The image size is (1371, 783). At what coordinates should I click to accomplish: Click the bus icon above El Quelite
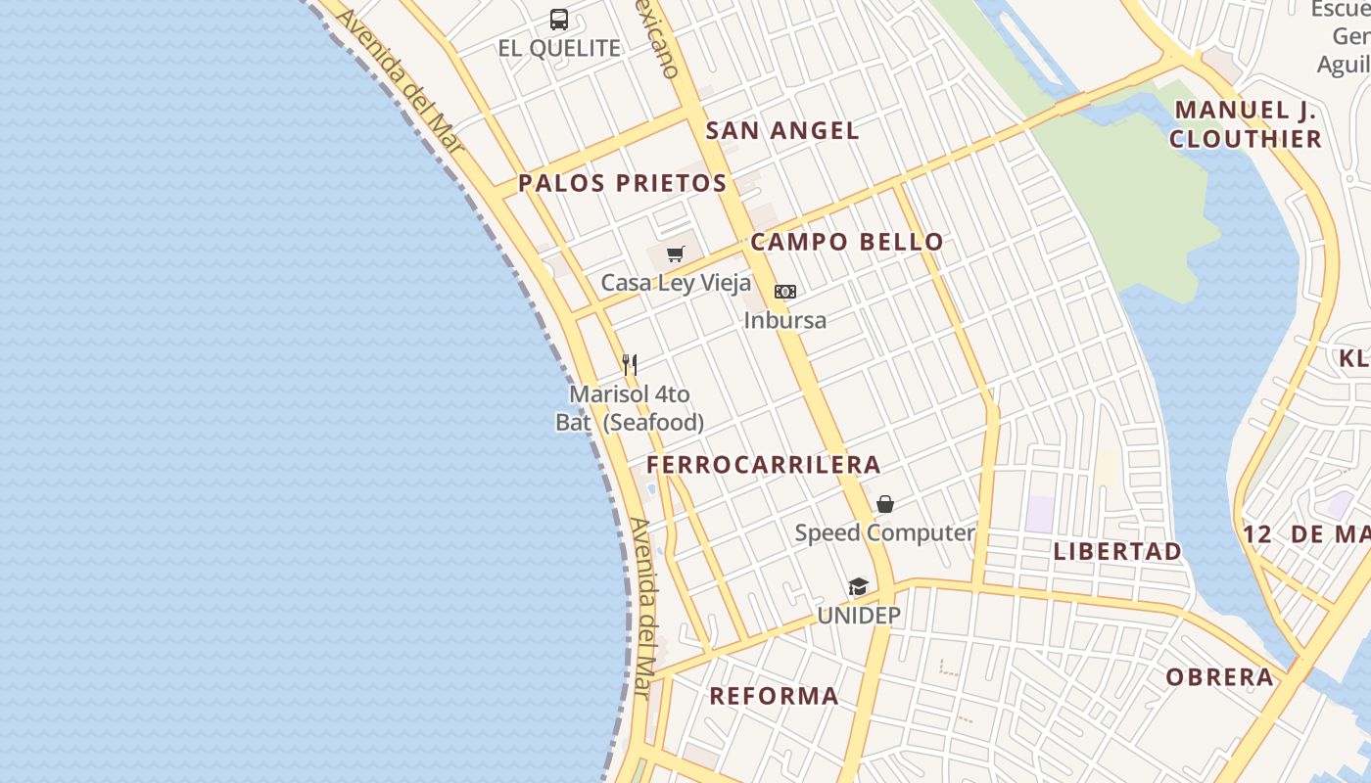[559, 19]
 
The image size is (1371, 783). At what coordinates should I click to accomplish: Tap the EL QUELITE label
[559, 48]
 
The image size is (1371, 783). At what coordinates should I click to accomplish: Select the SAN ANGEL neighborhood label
[782, 130]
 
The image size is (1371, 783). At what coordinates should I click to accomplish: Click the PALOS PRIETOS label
[623, 183]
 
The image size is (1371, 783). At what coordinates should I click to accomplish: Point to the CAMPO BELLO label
[847, 242]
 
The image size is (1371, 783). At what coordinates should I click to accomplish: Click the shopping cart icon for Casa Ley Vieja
[675, 254]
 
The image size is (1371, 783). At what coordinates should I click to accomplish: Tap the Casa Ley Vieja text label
[676, 283]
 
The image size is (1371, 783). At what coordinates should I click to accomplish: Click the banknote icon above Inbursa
[785, 292]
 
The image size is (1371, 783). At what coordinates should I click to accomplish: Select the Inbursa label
[785, 320]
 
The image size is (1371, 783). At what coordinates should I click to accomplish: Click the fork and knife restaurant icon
[630, 365]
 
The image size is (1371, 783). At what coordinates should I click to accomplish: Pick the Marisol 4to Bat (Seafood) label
[630, 408]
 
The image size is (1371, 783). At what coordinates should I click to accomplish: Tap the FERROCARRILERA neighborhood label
[764, 465]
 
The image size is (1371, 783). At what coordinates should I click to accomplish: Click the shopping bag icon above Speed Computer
[885, 504]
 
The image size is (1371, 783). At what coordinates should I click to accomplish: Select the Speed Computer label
[884, 533]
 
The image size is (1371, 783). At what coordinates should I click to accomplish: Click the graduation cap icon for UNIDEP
[859, 587]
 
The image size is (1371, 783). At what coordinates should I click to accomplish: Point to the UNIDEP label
[859, 616]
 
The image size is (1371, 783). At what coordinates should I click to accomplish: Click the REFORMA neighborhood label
[774, 696]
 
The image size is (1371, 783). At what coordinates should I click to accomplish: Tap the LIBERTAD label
[1117, 551]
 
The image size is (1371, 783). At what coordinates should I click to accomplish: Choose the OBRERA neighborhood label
[1219, 676]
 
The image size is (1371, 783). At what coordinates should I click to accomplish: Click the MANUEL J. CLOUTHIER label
[1246, 124]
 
